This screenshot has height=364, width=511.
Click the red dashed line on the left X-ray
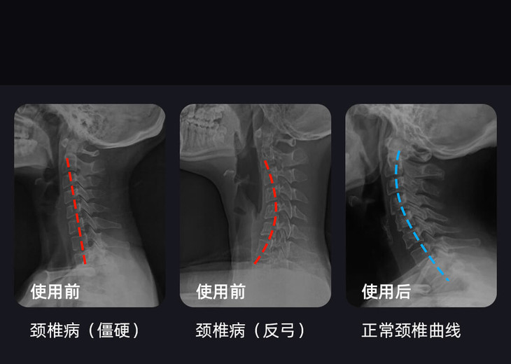coord(76,210)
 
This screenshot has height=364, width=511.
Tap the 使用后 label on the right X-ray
coord(386,291)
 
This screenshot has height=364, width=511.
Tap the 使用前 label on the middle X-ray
coord(220,291)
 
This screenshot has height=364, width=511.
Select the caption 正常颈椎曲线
coord(411,330)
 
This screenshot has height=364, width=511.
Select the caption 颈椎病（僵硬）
coord(85,330)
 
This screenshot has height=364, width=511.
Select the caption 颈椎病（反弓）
coord(251,330)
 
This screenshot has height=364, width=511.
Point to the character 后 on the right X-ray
coord(402,291)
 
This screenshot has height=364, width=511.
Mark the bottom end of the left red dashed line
coord(85,265)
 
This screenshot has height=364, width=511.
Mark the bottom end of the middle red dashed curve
coord(255,264)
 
